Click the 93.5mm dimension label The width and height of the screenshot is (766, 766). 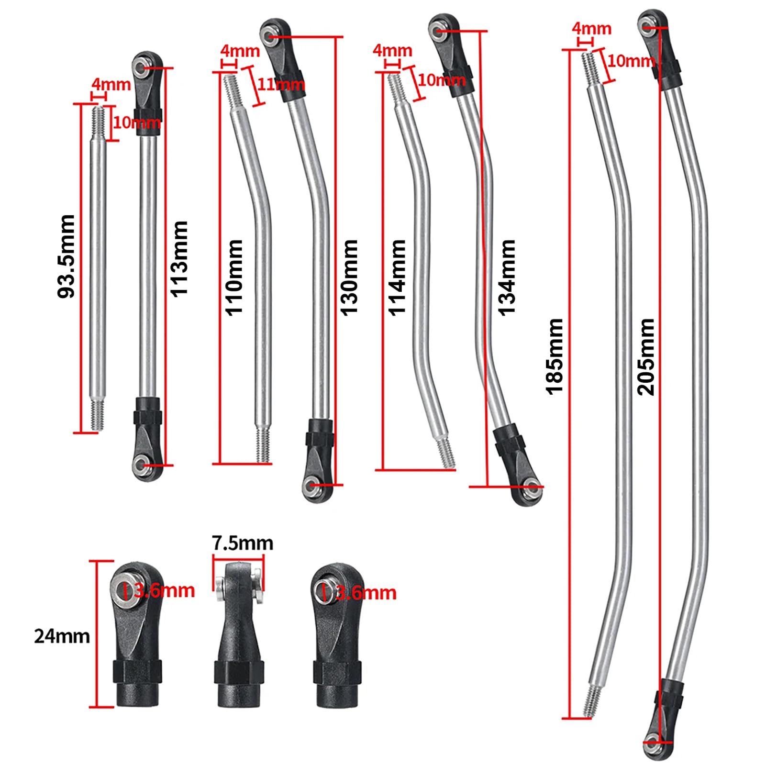(x=66, y=256)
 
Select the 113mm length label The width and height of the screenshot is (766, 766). (x=180, y=259)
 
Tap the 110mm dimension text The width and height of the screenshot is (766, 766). (x=234, y=278)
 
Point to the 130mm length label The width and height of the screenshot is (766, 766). (x=349, y=278)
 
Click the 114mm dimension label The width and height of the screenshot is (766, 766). (x=397, y=278)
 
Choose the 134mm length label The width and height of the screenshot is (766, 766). (x=507, y=278)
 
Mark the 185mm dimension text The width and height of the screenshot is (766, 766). (x=555, y=356)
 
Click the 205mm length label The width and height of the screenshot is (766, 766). (x=646, y=356)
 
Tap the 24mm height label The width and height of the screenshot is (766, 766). (x=62, y=636)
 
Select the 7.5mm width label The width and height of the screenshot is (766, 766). (x=243, y=543)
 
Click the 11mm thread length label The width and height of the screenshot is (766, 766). (x=281, y=84)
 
